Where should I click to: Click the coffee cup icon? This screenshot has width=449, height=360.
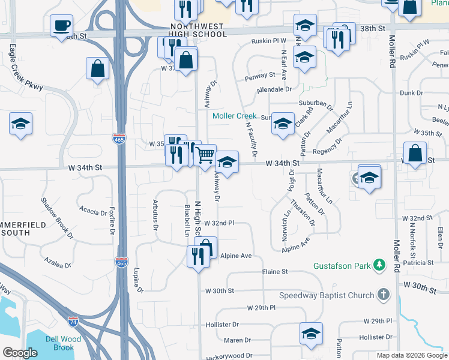pos(61,26)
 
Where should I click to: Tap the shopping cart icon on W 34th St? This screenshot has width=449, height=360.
pos(205,155)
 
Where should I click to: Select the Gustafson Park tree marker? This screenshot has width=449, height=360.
pos(379,265)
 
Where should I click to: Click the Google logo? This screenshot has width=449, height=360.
pos(20,353)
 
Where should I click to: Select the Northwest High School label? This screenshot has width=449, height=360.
pos(199,31)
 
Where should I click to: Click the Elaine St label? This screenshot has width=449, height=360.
pos(276,272)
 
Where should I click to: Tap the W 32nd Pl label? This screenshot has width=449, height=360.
pos(218,223)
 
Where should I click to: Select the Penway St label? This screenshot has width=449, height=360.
pos(259,76)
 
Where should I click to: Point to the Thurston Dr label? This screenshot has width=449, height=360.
pos(302,212)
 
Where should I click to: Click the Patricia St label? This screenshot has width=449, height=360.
pos(418,263)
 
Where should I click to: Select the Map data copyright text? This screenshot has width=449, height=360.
pos(411,355)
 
